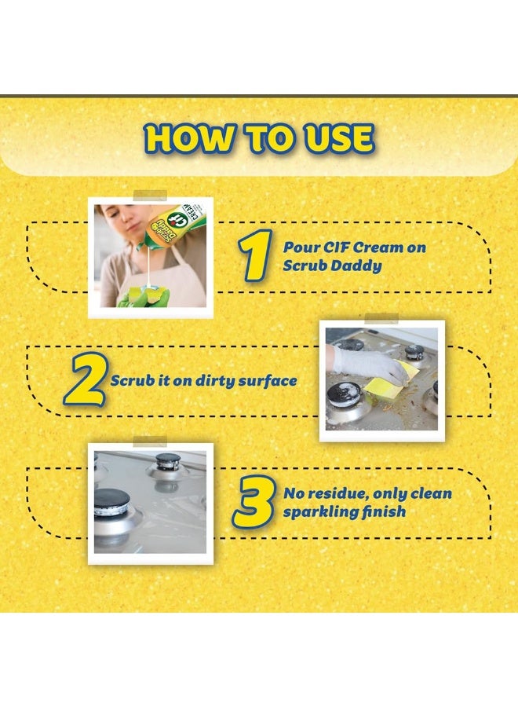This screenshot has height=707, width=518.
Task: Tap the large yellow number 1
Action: coord(255,255)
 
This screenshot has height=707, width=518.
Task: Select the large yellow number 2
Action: coord(86,379)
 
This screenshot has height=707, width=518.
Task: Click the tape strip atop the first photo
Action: coord(150,196)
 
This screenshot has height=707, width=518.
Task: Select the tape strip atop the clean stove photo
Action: coord(150,441)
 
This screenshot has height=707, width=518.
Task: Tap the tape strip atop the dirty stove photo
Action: coord(381,319)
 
